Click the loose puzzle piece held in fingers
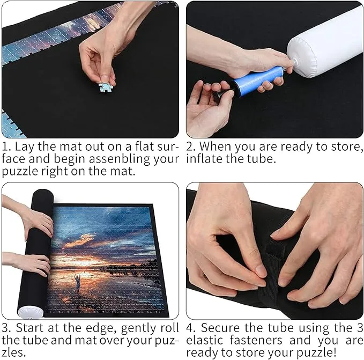106,87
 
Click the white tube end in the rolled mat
31,312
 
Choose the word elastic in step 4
205,340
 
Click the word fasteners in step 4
256,340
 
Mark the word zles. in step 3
14,352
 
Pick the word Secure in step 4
220,328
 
